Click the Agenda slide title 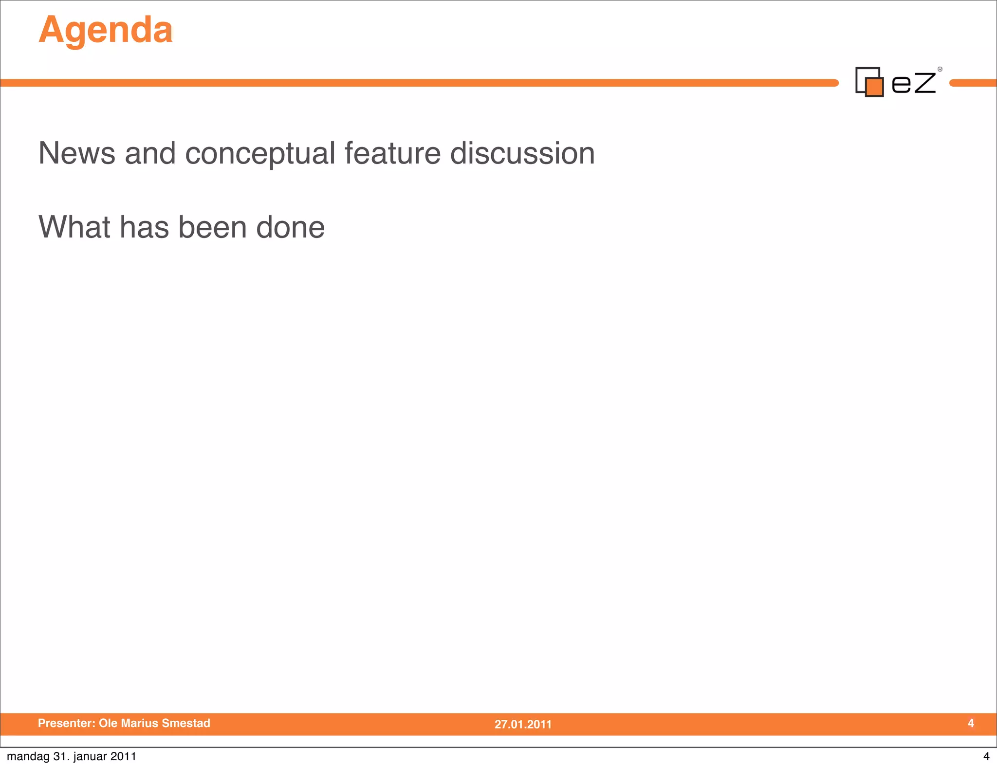pyautogui.click(x=106, y=30)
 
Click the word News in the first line pyautogui.click(x=76, y=153)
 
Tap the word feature pyautogui.click(x=392, y=153)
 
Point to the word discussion pyautogui.click(x=522, y=153)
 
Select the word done pyautogui.click(x=290, y=227)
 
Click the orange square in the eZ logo pyautogui.click(x=875, y=87)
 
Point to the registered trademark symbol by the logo pyautogui.click(x=940, y=70)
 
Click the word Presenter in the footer pyautogui.click(x=66, y=723)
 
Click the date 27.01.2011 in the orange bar pyautogui.click(x=523, y=724)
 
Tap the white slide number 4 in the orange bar pyautogui.click(x=971, y=723)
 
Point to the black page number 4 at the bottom pyautogui.click(x=986, y=756)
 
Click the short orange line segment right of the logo pyautogui.click(x=973, y=83)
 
